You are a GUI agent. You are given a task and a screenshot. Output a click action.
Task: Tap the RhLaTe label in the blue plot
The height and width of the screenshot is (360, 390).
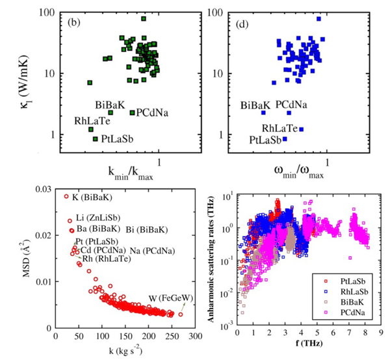click(280, 129)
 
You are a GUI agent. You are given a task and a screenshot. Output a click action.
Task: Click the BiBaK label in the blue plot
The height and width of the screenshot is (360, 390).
click(255, 105)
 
